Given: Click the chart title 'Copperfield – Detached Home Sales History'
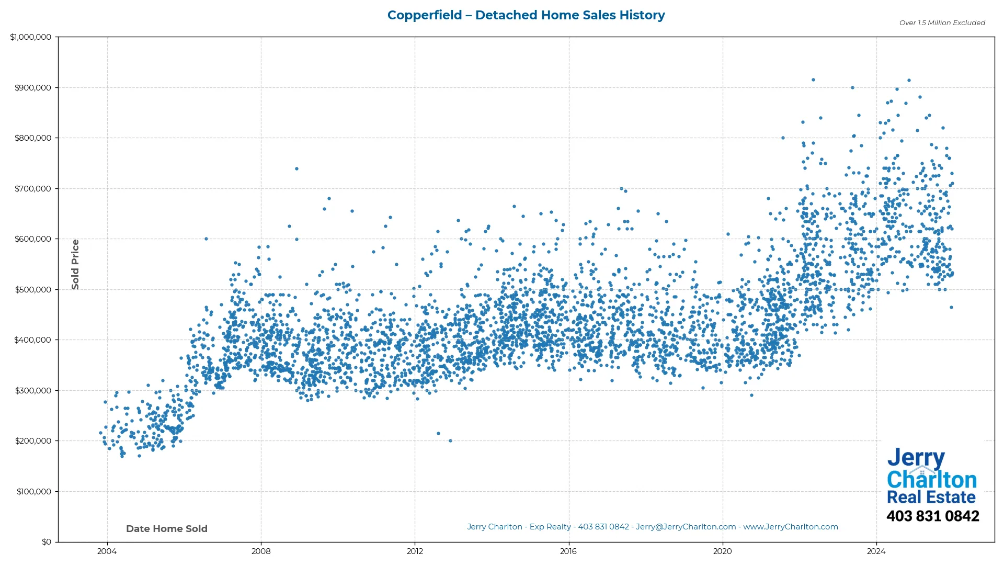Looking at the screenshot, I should click(x=526, y=15).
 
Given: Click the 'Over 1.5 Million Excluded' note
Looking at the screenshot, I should click(x=942, y=23).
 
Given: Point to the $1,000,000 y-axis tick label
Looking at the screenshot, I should click(x=31, y=37).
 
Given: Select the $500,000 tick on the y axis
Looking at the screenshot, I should click(x=33, y=290).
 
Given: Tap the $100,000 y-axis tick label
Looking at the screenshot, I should click(x=34, y=492).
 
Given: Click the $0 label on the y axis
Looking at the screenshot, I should click(x=47, y=542).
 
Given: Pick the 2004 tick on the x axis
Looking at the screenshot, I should click(x=107, y=551).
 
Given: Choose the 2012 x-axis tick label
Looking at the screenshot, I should click(x=415, y=551).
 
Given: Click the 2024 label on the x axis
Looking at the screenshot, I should click(x=876, y=551).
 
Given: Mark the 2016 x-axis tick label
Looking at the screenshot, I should click(x=568, y=551).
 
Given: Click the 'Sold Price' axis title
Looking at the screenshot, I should click(x=75, y=264).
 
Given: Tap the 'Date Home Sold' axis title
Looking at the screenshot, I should click(x=167, y=529).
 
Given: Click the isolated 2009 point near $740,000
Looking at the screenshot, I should click(x=296, y=168).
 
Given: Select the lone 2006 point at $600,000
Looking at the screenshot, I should click(x=206, y=239).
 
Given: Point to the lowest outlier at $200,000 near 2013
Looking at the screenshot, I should click(x=450, y=441).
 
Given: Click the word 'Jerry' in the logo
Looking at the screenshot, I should click(x=916, y=458).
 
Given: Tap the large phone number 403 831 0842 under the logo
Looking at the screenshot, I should click(x=932, y=516).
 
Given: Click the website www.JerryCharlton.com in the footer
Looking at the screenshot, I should click(x=790, y=527).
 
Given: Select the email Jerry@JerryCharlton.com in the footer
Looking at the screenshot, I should click(x=686, y=527).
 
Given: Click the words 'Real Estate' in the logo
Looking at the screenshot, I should click(x=931, y=497).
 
